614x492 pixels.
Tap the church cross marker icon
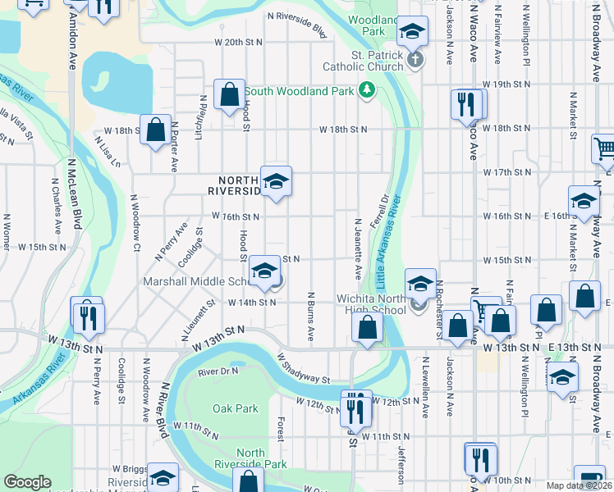(x=415, y=59)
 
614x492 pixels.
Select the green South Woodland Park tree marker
(x=367, y=90)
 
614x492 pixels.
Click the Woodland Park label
(x=366, y=25)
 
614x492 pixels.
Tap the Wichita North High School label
(x=371, y=304)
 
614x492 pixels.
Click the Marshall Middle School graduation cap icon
(x=265, y=271)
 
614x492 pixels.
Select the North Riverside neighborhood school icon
(x=276, y=181)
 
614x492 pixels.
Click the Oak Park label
(x=235, y=408)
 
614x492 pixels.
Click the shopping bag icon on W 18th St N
(x=155, y=130)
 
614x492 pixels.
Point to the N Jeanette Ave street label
(x=357, y=247)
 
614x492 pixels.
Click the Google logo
(x=27, y=482)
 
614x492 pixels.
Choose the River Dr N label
(x=218, y=371)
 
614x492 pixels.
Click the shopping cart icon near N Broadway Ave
(x=605, y=149)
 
